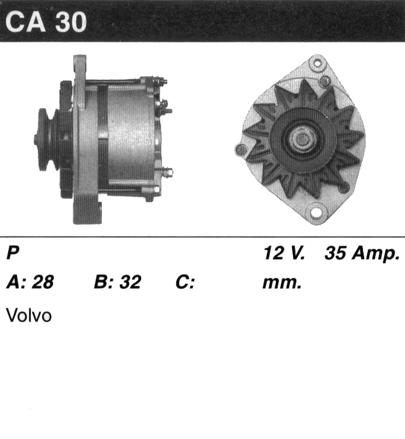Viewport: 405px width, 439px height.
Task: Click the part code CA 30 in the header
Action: coord(45,22)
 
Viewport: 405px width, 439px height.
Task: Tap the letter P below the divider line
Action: coord(13,252)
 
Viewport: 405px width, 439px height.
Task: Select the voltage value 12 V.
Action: coord(284,253)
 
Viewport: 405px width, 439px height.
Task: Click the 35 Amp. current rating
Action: coord(362,254)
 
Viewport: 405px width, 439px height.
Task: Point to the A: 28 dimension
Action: coord(30,281)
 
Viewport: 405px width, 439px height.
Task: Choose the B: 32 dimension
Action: coord(117,281)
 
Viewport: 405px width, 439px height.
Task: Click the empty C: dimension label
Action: coord(185,281)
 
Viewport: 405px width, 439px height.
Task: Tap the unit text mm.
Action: coord(282,283)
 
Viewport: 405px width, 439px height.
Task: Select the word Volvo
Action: coord(29,315)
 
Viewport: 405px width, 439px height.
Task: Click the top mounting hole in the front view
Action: coord(318,63)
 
